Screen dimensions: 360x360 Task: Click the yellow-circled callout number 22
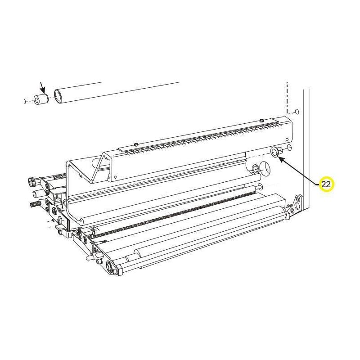(x=326, y=184)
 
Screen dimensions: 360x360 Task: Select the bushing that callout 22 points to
(x=274, y=152)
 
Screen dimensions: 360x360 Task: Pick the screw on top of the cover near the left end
(x=136, y=144)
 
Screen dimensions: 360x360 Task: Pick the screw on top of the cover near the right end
(x=261, y=120)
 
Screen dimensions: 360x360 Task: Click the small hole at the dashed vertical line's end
(x=296, y=112)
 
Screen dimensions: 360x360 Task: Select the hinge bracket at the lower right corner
(x=295, y=206)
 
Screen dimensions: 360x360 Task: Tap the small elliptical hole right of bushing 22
(x=289, y=148)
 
